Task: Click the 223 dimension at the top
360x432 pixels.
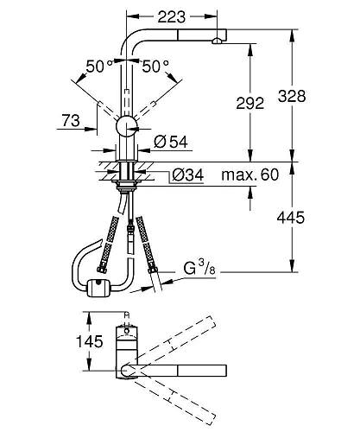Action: click(172, 16)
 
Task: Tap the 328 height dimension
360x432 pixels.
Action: click(292, 96)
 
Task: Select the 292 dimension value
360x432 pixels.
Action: click(250, 103)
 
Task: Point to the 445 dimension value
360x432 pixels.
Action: click(291, 218)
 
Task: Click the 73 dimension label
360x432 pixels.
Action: click(71, 120)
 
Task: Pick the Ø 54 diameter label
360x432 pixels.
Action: click(171, 142)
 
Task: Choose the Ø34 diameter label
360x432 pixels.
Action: click(188, 175)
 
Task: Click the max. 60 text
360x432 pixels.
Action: click(250, 175)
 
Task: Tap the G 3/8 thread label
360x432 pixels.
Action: click(199, 268)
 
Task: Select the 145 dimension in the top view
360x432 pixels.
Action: click(89, 341)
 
